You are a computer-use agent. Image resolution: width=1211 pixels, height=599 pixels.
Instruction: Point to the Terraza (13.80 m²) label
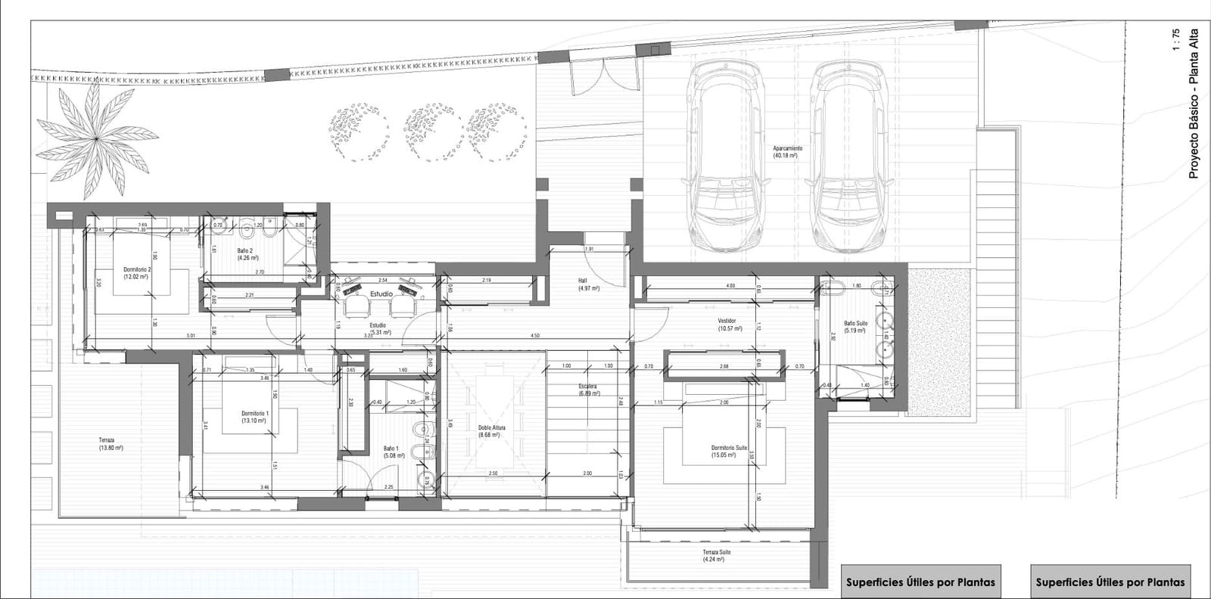point(111,444)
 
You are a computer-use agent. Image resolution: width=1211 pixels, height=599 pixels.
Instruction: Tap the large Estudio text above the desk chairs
point(381,293)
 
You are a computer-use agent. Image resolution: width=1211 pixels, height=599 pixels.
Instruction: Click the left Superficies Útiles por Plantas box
point(920,582)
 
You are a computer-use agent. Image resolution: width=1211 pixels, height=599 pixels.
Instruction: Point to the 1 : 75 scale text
point(1175,39)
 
